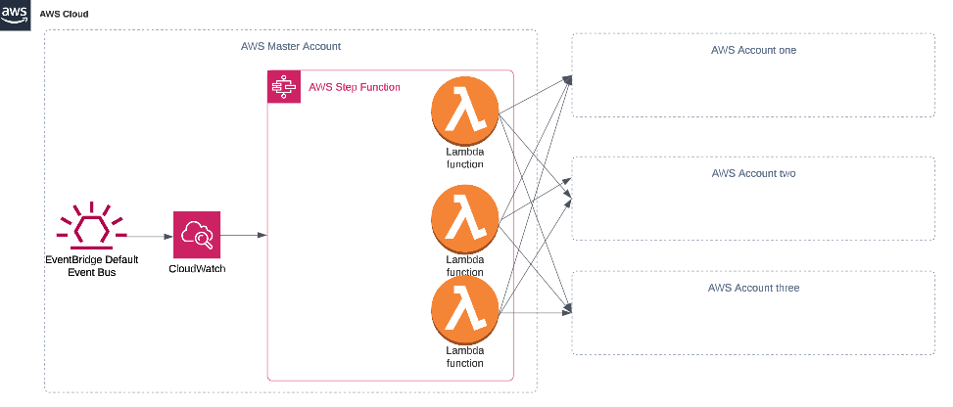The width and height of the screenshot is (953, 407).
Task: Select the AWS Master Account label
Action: pos(291,47)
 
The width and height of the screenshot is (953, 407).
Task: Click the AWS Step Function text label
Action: pos(354,87)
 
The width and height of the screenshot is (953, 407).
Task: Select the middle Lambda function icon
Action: pos(465,221)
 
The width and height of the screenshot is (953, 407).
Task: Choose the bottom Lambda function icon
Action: pos(465,310)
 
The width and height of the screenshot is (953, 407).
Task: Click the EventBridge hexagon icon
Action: pos(93,228)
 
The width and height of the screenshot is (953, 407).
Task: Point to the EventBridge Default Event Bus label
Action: pos(93,266)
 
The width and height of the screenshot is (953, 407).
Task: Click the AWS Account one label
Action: pos(754,50)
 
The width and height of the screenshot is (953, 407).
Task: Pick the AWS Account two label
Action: pos(754,172)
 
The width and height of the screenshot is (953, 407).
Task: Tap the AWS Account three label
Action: pos(754,288)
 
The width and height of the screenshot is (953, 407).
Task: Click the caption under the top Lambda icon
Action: pos(465,158)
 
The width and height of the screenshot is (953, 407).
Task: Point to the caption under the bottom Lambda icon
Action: pos(465,355)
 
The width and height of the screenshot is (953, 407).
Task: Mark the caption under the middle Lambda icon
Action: pos(465,265)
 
